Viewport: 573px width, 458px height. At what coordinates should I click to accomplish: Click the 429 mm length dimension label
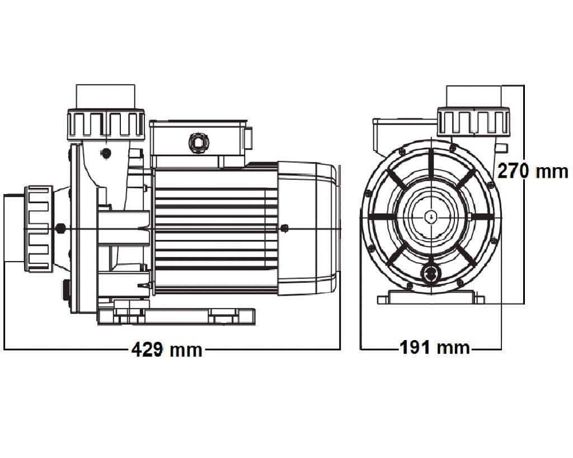tap(167, 350)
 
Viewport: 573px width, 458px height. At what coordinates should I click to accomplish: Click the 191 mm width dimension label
tap(434, 347)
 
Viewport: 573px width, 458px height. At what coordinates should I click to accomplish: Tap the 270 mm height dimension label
tap(533, 171)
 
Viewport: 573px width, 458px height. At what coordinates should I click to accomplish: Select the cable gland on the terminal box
tap(199, 143)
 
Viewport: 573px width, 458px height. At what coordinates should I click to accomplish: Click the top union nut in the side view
tap(106, 125)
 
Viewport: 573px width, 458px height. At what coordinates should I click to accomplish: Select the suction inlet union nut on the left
tap(38, 229)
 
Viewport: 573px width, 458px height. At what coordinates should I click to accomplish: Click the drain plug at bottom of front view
tap(431, 273)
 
